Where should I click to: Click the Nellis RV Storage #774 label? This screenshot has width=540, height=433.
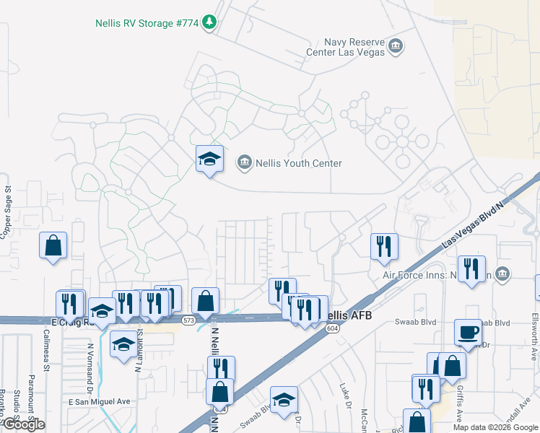(147, 22)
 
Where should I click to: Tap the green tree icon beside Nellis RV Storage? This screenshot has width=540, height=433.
(209, 22)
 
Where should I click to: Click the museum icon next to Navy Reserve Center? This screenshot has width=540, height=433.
(395, 47)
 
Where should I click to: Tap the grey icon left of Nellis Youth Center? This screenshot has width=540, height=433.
(245, 163)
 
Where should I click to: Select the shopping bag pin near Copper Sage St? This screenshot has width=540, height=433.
(53, 245)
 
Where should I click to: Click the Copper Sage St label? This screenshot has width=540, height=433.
(8, 213)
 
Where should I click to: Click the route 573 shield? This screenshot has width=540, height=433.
(188, 320)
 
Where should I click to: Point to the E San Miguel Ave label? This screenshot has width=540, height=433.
(99, 401)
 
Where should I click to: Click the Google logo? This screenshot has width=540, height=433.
(23, 424)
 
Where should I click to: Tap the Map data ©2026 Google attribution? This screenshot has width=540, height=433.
(495, 427)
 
